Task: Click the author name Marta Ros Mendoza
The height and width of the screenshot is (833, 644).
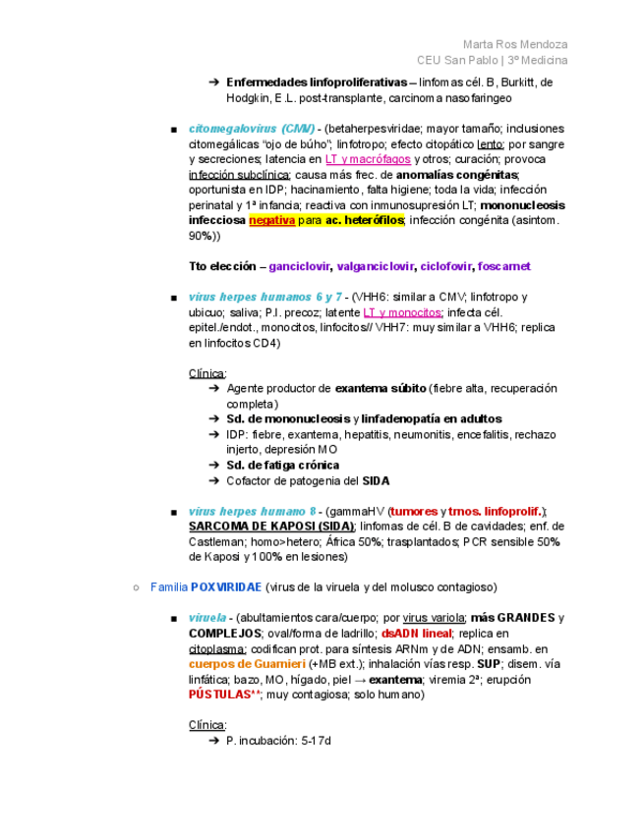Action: click(x=514, y=44)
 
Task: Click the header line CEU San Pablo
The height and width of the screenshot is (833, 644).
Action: click(x=459, y=60)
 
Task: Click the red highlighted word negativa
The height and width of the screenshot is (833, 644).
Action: click(x=271, y=220)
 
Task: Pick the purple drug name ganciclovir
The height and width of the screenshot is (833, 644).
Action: click(x=299, y=266)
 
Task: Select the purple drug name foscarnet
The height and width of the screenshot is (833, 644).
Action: click(x=504, y=266)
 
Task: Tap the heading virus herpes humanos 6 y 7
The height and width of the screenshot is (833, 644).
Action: click(x=265, y=297)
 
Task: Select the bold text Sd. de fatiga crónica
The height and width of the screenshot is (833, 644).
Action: click(x=282, y=465)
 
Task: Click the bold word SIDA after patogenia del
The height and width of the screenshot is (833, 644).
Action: click(x=376, y=480)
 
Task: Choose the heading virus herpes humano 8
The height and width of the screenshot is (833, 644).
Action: click(x=253, y=511)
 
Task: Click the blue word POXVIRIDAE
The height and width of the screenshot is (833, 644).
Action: click(x=226, y=586)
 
